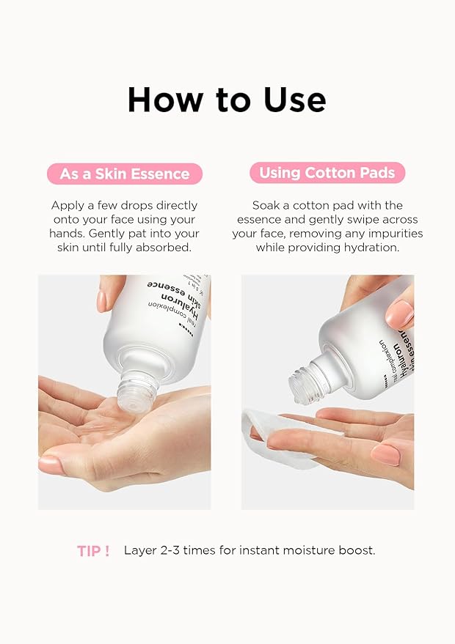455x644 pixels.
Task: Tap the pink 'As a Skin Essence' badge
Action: [125, 174]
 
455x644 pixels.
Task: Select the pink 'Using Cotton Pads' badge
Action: [327, 174]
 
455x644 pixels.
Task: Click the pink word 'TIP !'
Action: [93, 551]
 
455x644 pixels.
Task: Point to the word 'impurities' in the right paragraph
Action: [395, 234]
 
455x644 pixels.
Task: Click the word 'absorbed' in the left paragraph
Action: [167, 248]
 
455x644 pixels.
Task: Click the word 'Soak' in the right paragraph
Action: [266, 206]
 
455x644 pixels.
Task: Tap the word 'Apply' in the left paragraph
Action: [67, 206]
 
